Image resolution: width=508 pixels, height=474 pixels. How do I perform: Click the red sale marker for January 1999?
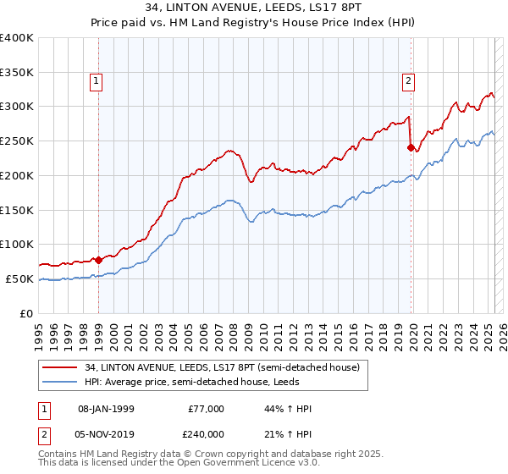click(x=98, y=259)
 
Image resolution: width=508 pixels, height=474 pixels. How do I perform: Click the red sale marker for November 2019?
click(x=411, y=147)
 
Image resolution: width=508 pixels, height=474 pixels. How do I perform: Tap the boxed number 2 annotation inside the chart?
click(x=408, y=81)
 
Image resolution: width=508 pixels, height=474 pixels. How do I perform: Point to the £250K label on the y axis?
click(x=17, y=141)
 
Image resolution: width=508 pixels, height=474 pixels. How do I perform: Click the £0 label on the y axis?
click(x=28, y=313)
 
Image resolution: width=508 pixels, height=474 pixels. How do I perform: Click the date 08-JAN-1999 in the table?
click(x=106, y=409)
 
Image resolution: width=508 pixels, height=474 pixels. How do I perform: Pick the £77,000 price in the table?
click(x=207, y=409)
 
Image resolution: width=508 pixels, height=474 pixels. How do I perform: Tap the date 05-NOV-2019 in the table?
click(x=108, y=433)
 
